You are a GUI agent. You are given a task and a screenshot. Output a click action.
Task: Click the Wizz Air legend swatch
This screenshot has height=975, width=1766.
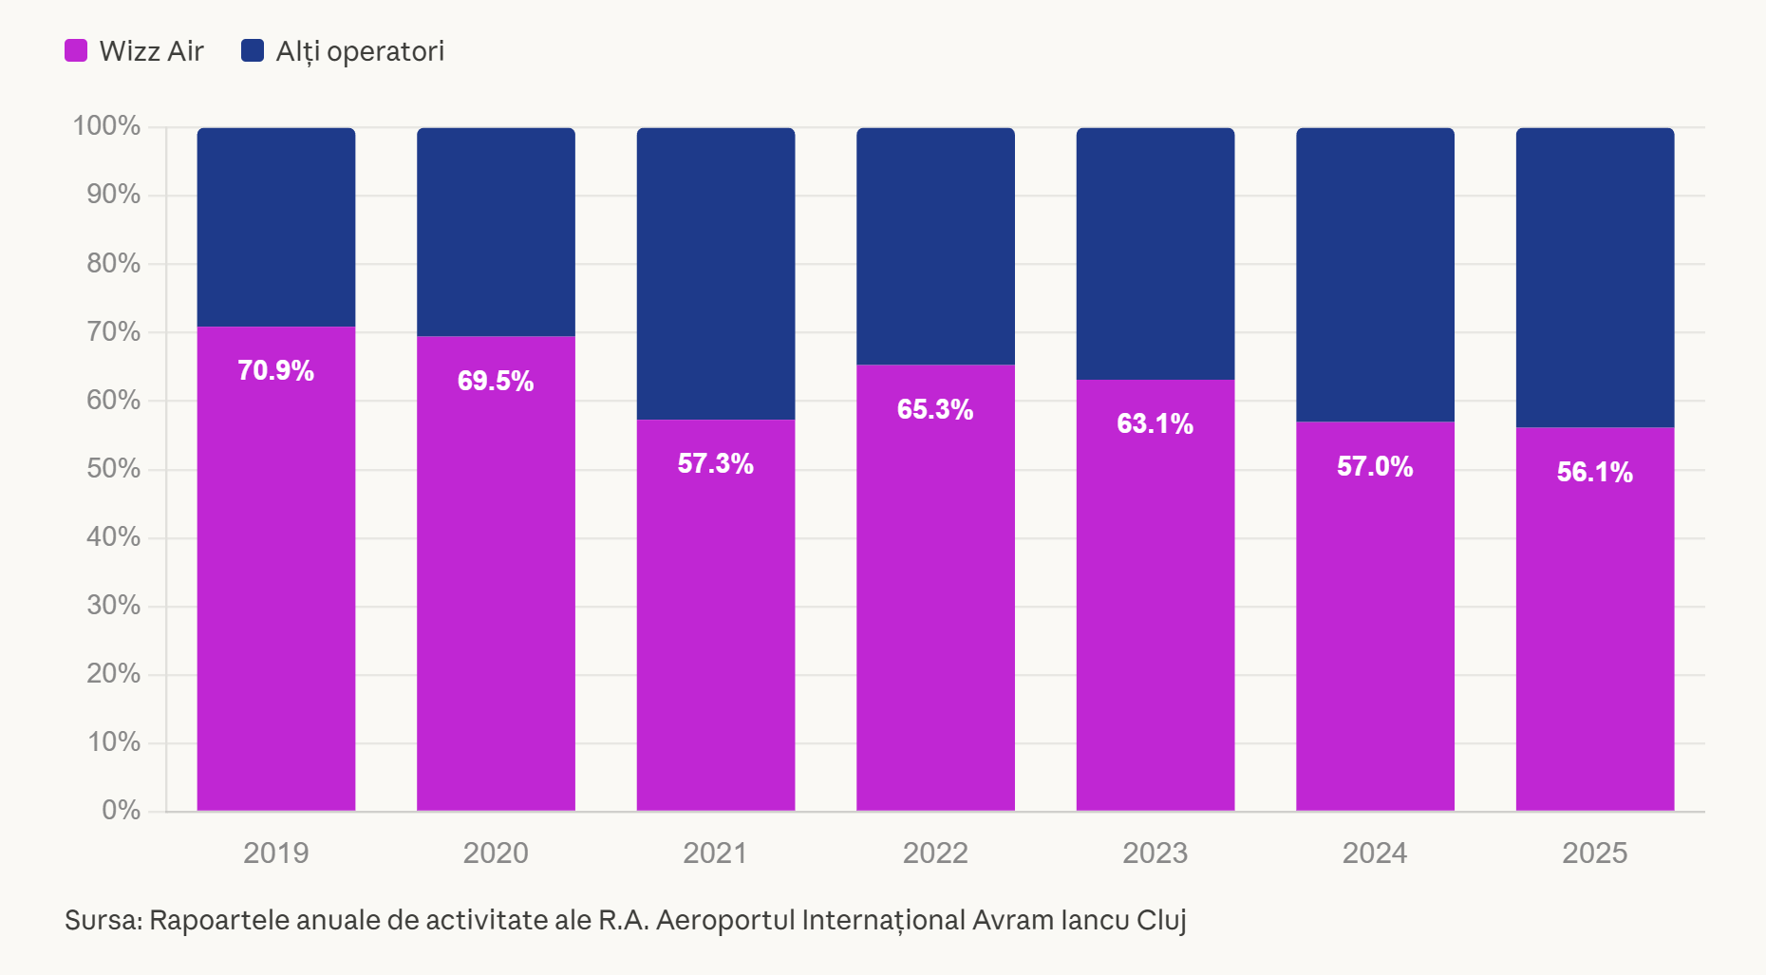click(x=76, y=50)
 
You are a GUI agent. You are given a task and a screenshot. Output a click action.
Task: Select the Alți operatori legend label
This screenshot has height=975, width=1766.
click(x=360, y=51)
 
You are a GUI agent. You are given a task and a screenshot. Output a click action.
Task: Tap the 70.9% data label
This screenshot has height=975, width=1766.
click(x=275, y=370)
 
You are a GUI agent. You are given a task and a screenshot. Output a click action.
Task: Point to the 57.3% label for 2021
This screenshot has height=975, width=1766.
click(x=715, y=463)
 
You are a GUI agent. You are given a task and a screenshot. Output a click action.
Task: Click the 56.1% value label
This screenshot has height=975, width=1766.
click(x=1595, y=472)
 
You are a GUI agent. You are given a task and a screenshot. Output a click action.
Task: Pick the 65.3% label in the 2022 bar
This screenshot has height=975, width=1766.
click(x=935, y=409)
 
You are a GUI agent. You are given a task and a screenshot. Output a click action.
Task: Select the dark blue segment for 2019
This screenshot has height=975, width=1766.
click(x=276, y=227)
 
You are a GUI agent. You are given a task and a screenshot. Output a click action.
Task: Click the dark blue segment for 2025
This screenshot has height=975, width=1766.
click(x=1595, y=277)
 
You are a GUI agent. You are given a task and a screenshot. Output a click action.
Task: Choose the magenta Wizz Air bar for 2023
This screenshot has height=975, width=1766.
click(x=1155, y=595)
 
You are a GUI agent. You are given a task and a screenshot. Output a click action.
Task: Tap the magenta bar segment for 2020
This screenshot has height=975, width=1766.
click(x=496, y=573)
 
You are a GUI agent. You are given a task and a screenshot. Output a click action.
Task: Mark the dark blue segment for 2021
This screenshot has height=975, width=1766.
click(x=716, y=273)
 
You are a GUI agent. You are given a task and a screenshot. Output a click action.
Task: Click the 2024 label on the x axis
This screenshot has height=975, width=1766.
click(x=1375, y=853)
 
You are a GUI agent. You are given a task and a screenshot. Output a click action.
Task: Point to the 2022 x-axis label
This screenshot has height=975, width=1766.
click(x=935, y=853)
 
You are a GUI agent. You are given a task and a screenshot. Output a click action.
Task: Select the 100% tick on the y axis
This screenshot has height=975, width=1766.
click(x=106, y=125)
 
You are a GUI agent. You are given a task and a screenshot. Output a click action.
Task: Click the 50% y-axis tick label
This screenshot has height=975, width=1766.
click(x=113, y=468)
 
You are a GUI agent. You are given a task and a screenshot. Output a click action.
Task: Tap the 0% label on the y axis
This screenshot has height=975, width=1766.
click(x=121, y=810)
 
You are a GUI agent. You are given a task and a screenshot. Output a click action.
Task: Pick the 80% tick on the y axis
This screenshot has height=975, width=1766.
click(x=113, y=263)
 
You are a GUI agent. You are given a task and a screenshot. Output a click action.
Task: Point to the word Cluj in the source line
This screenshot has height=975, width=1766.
click(x=1161, y=921)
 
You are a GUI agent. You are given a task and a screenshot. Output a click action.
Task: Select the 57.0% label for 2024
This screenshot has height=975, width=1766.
click(x=1375, y=466)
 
